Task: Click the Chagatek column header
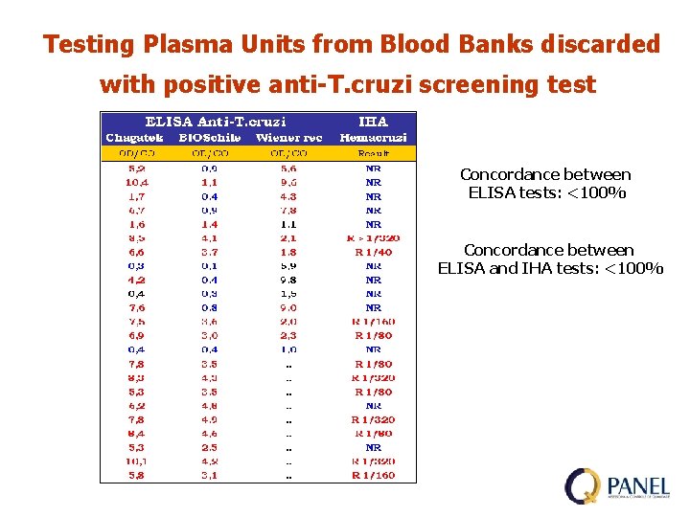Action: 135,138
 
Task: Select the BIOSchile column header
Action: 209,138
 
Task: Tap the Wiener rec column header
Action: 288,138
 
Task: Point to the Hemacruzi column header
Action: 373,138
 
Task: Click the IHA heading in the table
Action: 373,122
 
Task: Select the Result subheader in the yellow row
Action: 373,153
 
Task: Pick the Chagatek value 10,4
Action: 136,182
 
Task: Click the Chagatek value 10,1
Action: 136,461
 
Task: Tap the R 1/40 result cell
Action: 373,252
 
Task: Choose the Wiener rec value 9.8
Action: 288,280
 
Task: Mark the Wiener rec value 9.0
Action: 288,308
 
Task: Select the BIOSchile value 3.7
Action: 209,252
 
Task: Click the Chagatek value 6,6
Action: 136,252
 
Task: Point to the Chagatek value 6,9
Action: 136,336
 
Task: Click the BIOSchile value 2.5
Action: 209,447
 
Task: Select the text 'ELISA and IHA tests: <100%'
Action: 550,268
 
